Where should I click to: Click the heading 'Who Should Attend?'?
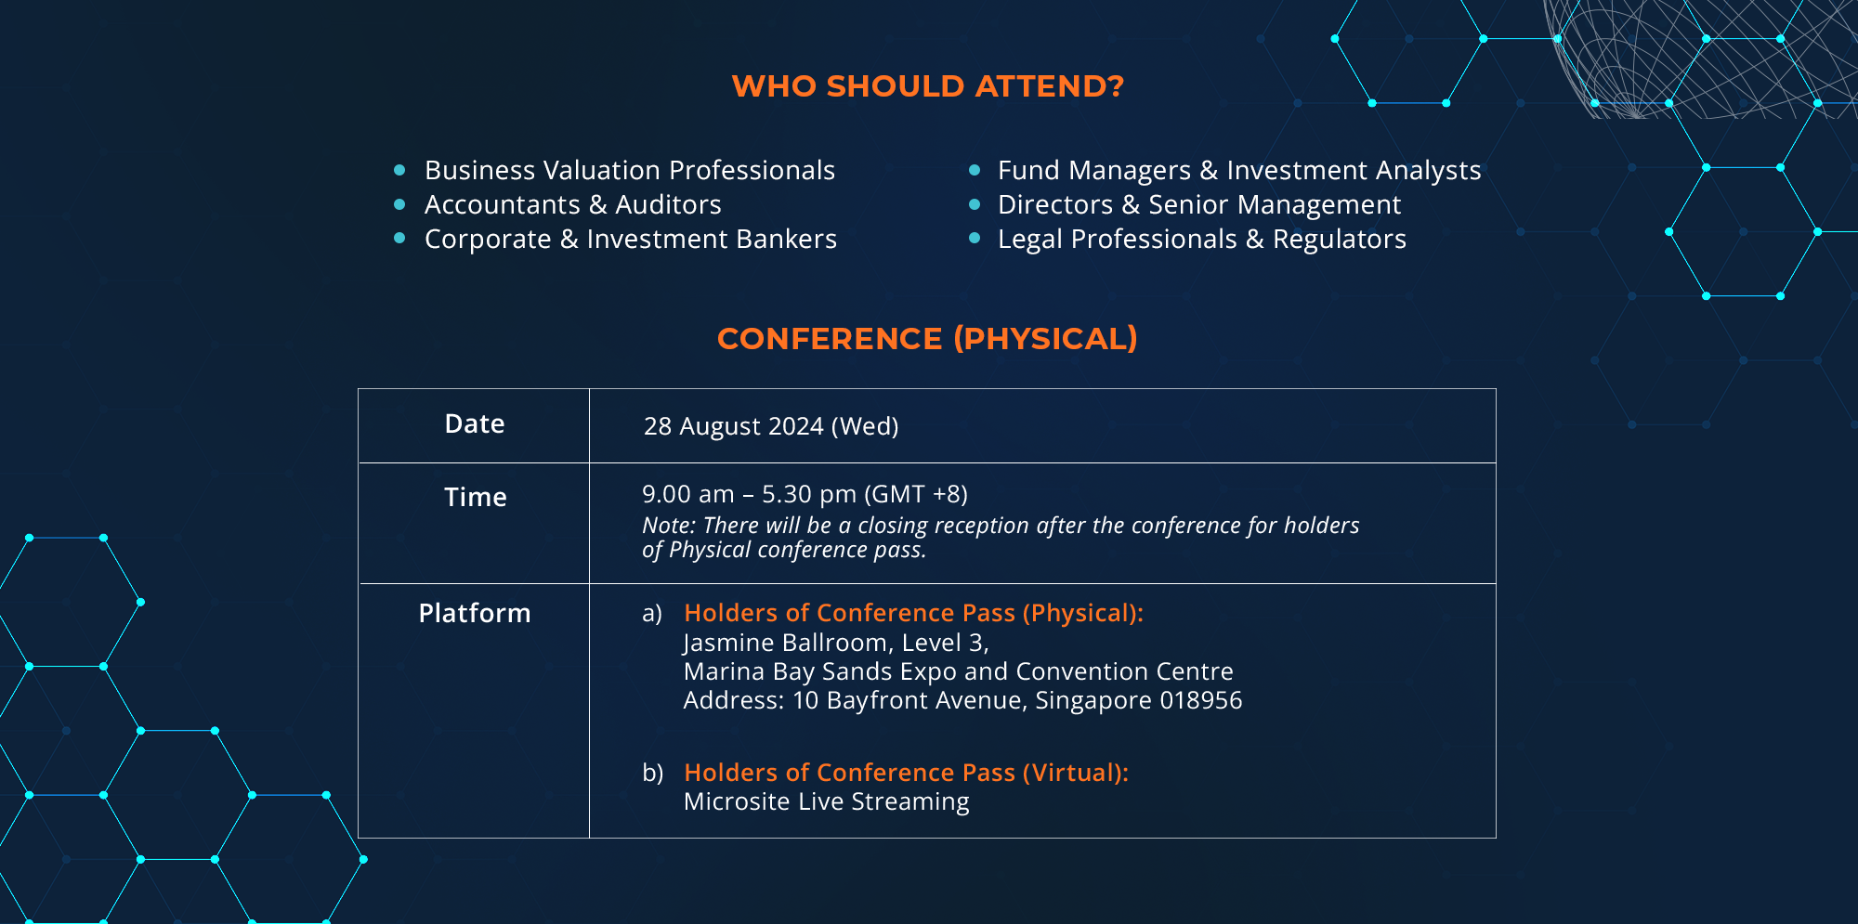928,86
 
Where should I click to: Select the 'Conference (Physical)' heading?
927,339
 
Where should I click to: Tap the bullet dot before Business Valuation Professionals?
399,170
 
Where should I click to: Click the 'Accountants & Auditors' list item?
572,204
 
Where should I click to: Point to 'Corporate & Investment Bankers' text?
631,239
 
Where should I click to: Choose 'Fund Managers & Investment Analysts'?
1239,171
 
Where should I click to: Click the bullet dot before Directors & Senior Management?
975,204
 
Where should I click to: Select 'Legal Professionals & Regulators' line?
1202,240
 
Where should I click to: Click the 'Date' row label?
475,424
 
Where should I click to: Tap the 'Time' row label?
475,497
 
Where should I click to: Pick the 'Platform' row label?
475,613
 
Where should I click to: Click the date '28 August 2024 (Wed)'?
771,426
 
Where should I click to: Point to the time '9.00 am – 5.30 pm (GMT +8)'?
805,494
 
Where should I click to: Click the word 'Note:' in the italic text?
669,526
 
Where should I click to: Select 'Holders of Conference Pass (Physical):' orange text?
914,613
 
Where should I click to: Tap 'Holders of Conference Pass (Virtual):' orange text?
907,773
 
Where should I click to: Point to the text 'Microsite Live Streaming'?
827,801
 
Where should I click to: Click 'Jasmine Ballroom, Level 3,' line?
836,643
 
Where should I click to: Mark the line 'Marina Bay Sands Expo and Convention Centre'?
959,671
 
